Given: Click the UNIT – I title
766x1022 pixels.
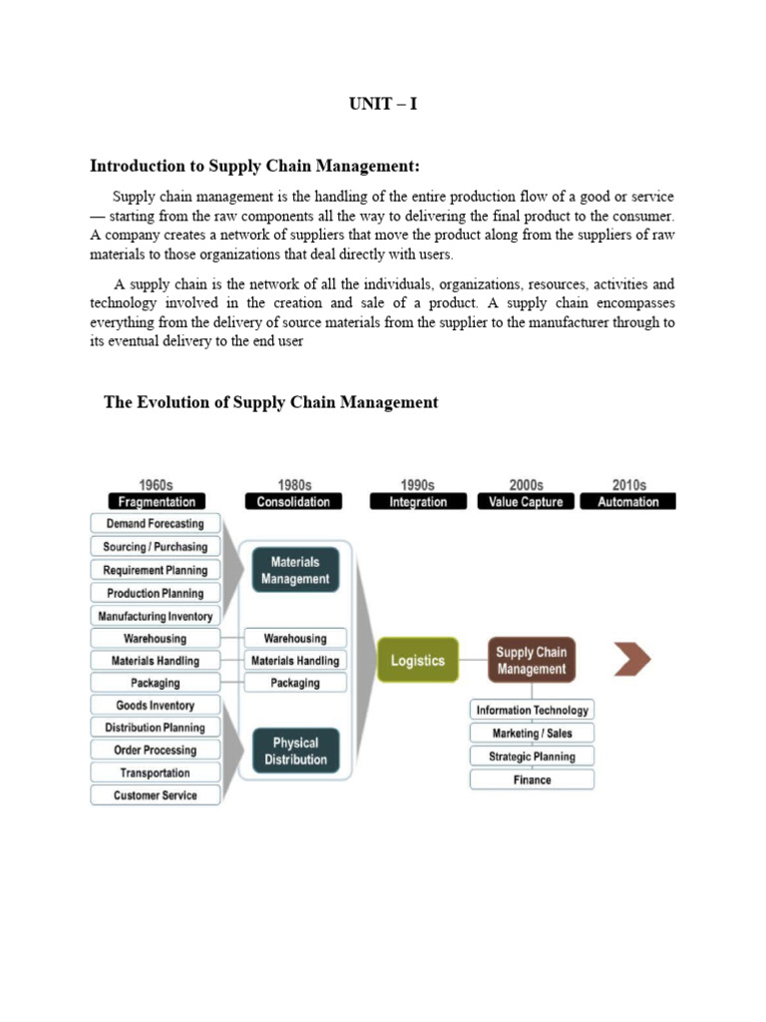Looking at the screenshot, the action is coord(383,104).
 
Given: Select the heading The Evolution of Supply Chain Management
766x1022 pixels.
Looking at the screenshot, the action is coord(270,402).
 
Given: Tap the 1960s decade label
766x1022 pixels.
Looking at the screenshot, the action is coord(156,485).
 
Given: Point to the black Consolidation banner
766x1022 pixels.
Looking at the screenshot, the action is coord(293,502).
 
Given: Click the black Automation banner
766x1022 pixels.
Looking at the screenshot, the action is coord(628,502).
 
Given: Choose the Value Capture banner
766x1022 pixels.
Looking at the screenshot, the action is coord(527,502).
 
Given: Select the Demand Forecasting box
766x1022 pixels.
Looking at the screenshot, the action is coord(155,524).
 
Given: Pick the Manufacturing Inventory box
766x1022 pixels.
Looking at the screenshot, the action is coord(155,617).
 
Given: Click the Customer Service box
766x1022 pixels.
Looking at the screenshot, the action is coord(155,795).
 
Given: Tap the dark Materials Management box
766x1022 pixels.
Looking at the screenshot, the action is coord(295,570).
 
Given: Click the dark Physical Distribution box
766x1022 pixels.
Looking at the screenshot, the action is coord(295,751).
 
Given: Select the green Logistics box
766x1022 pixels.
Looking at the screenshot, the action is coord(418,661).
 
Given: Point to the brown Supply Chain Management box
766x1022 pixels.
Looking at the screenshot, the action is coord(532,661).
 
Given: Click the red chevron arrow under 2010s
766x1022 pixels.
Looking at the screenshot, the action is coord(633,659).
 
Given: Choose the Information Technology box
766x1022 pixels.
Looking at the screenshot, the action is coord(532,711).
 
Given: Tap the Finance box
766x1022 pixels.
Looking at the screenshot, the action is coord(532,779).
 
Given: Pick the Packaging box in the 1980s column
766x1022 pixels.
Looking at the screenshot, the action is coord(295,683).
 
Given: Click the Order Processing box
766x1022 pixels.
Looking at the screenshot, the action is coord(155,751).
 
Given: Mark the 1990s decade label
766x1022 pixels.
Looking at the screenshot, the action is coord(418,485).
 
